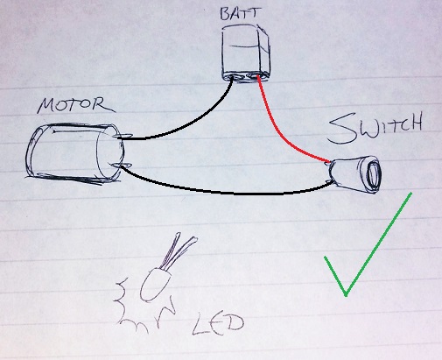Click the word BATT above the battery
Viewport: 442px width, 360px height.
240,13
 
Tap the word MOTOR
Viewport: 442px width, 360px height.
76,105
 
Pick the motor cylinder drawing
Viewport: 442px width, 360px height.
76,153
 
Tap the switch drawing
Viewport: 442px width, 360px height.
354,175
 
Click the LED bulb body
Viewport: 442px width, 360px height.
155,285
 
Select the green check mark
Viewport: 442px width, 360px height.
368,244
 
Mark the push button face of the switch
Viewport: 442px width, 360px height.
373,175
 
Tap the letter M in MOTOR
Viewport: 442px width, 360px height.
46,106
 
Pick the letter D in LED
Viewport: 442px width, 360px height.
234,323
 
